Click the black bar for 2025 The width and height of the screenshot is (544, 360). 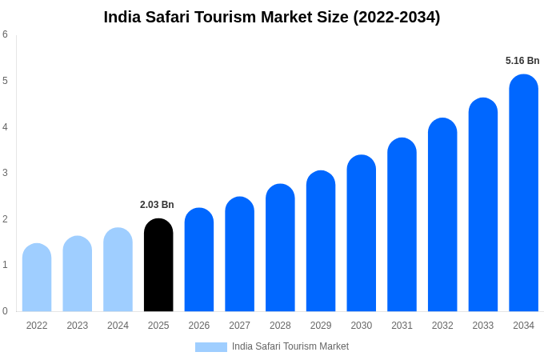[x=158, y=265]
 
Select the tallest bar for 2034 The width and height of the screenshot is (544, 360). [x=523, y=193]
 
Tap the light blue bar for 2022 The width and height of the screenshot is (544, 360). [x=37, y=278]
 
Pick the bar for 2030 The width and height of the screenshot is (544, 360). [x=361, y=233]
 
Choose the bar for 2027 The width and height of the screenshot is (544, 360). [x=239, y=254]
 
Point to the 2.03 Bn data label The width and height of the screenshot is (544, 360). [x=157, y=205]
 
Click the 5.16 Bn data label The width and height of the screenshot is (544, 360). [x=522, y=61]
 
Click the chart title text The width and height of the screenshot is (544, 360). [x=272, y=17]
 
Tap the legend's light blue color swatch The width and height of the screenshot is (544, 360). [x=211, y=347]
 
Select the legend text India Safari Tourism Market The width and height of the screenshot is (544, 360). [x=290, y=346]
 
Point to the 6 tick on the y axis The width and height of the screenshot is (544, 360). [x=5, y=34]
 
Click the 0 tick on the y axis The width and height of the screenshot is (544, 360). [x=5, y=311]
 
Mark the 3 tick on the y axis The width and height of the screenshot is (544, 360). [x=5, y=173]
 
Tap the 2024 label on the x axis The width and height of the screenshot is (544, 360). [x=118, y=326]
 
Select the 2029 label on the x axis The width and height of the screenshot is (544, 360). [x=321, y=326]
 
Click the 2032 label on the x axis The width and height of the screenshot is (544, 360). [x=442, y=326]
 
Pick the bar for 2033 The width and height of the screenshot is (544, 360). [x=483, y=205]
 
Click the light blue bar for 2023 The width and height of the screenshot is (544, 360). [x=78, y=274]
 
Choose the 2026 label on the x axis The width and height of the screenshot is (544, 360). [x=199, y=326]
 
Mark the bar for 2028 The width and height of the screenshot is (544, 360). [x=280, y=247]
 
